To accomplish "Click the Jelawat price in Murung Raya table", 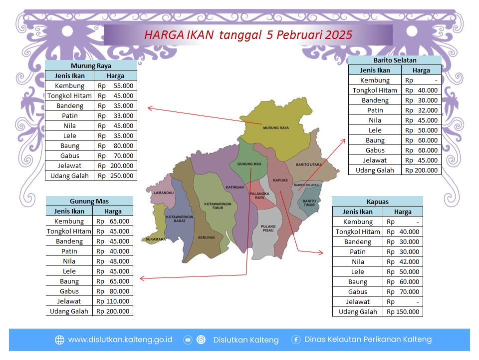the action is coord(115,166).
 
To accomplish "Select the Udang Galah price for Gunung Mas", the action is coord(113,311).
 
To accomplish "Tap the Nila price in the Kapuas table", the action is coord(403,261).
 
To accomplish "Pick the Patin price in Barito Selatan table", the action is coord(421,110).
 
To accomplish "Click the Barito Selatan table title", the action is coord(395,60).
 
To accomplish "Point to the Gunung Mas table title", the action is coord(89,201).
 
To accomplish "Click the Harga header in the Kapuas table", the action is coord(403,212).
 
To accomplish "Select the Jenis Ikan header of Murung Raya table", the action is coord(70,76).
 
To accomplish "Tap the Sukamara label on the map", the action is coord(156,239).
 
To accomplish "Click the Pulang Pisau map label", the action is coord(268,228).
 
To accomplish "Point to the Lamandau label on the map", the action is coord(164,193).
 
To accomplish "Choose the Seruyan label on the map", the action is coord(206,237).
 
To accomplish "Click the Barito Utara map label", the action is coord(308,164).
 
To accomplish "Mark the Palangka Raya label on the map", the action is coord(259,195).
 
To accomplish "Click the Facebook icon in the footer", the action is coord(296,339).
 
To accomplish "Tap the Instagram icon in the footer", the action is coord(201,340).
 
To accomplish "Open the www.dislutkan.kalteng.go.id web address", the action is coord(120,340).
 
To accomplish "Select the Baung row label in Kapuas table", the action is coord(358,282).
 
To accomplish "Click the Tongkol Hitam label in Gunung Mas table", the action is coord(69,231).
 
